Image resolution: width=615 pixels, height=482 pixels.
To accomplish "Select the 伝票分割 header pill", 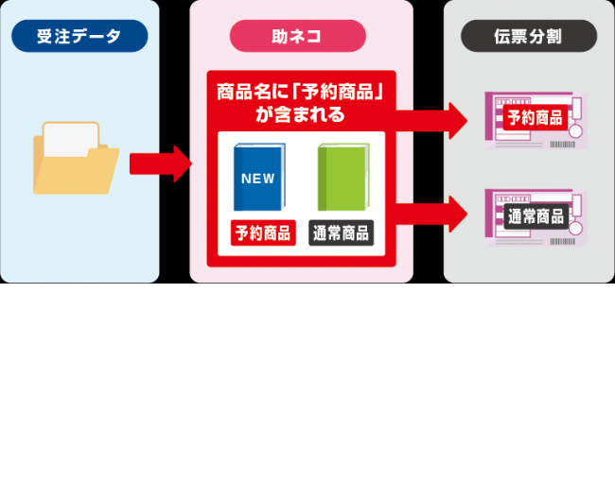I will (529, 37).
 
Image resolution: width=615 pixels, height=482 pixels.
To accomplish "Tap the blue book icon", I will (257, 176).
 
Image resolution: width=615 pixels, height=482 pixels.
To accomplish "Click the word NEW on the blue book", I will (257, 178).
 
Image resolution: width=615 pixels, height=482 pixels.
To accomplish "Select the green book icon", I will (342, 176).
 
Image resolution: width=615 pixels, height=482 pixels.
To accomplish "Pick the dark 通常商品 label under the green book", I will (341, 232).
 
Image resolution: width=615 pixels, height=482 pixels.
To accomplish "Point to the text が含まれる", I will (300, 114).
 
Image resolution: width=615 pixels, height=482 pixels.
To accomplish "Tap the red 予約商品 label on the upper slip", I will (535, 118).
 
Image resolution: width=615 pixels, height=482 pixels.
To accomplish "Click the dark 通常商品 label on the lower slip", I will (535, 215).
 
